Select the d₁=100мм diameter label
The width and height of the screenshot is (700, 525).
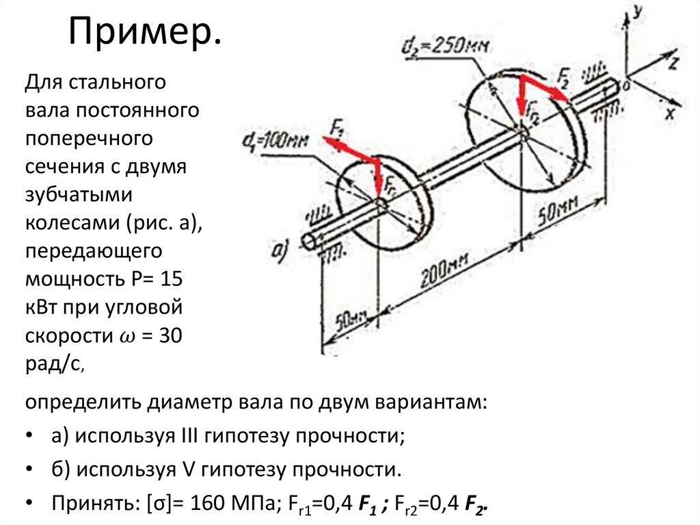point(275,140)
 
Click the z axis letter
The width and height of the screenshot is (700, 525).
point(673,64)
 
